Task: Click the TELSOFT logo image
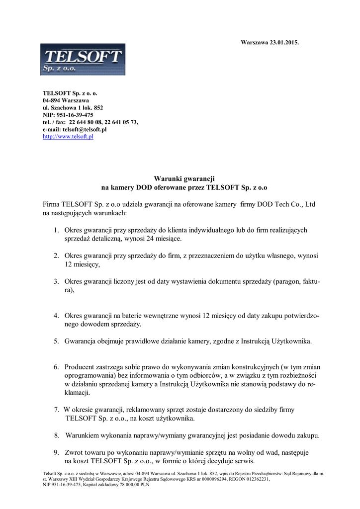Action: pos(83,60)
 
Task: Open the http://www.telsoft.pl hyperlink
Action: pos(68,137)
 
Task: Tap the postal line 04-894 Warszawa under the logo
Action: pos(66,100)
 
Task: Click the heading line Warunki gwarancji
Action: pos(184,178)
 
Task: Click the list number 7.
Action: pos(56,410)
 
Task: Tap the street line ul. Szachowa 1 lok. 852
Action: pos(73,107)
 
